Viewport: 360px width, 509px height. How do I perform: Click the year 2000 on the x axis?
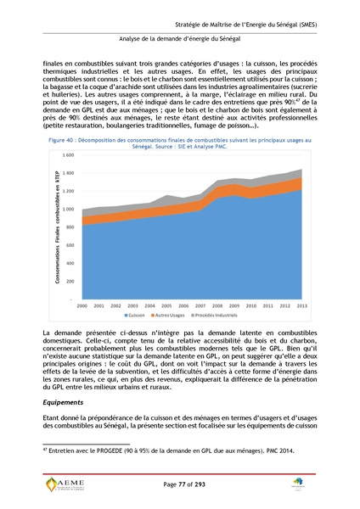[82, 305]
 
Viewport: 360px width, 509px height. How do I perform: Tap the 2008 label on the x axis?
[213, 305]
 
